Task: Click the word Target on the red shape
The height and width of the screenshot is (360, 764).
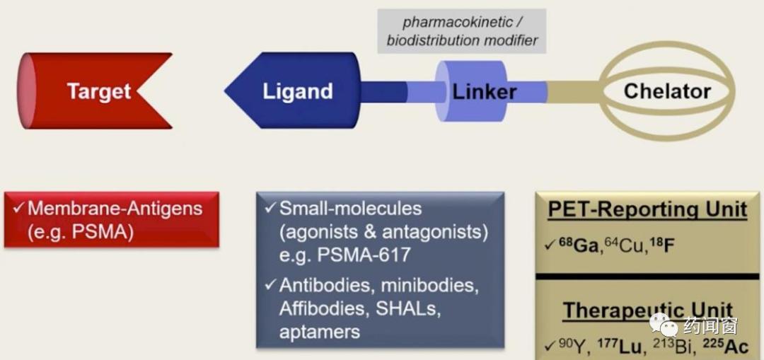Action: click(x=99, y=91)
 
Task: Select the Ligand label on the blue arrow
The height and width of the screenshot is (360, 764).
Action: click(x=297, y=91)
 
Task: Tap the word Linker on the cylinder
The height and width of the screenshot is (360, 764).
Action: click(x=485, y=91)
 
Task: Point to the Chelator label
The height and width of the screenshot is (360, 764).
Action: click(x=667, y=91)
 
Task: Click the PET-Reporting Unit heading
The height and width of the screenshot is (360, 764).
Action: click(x=647, y=209)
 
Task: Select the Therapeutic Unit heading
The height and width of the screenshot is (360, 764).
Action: click(x=647, y=311)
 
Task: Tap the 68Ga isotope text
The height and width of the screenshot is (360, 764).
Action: click(x=567, y=245)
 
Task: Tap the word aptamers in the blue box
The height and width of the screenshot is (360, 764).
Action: click(x=320, y=332)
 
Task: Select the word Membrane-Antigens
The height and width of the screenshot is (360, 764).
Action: click(x=115, y=209)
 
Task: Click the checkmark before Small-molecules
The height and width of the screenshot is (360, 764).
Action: click(x=270, y=209)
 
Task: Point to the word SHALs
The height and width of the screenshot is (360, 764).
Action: click(x=407, y=308)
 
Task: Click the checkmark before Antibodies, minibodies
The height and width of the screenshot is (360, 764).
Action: click(x=270, y=286)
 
